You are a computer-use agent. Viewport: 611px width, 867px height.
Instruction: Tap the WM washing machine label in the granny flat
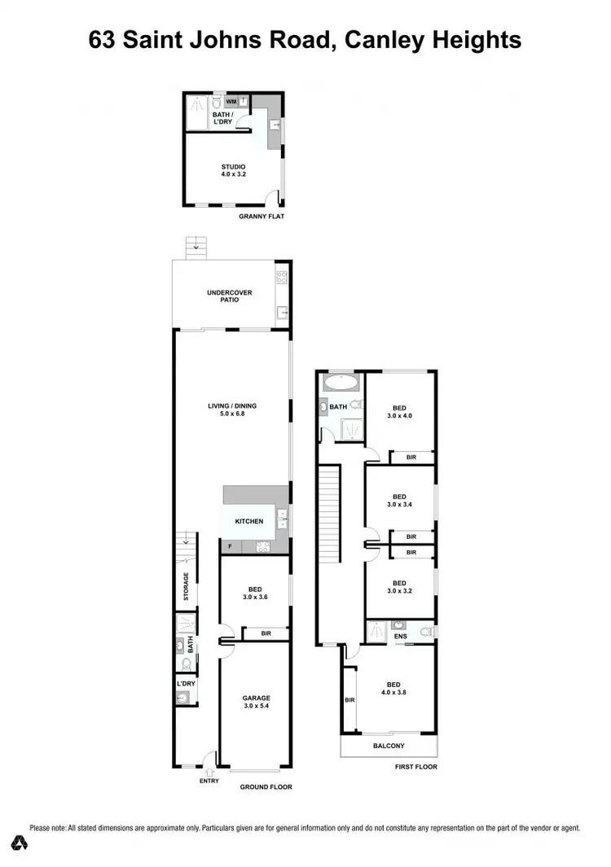(x=231, y=102)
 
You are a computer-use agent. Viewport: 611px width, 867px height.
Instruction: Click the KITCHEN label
(x=249, y=521)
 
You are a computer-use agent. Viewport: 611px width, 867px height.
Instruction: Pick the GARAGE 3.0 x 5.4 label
(x=255, y=703)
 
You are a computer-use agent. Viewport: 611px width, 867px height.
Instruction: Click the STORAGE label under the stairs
(x=186, y=587)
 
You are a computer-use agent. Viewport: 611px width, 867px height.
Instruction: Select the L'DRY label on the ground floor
(x=184, y=683)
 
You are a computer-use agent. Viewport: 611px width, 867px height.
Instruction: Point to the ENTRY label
(x=209, y=781)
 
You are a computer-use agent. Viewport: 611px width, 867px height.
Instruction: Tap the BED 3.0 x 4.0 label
(x=399, y=413)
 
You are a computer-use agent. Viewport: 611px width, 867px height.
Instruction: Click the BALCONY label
(x=389, y=746)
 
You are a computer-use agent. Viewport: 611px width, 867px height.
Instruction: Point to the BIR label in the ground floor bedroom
(x=266, y=633)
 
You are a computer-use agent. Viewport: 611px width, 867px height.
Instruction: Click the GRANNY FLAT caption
(x=261, y=217)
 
